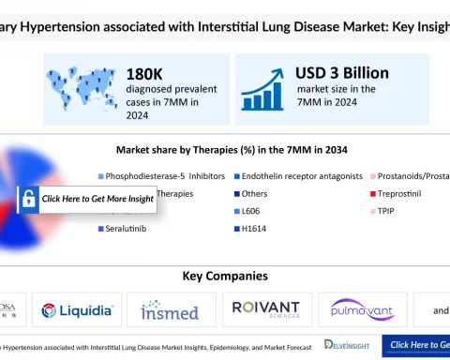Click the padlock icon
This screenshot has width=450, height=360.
(x=28, y=199)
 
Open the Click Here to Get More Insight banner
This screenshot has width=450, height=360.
(x=97, y=199)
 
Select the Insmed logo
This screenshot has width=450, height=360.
(x=169, y=309)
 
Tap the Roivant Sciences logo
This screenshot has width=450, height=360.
(x=265, y=309)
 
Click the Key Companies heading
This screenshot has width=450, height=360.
(x=224, y=277)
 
